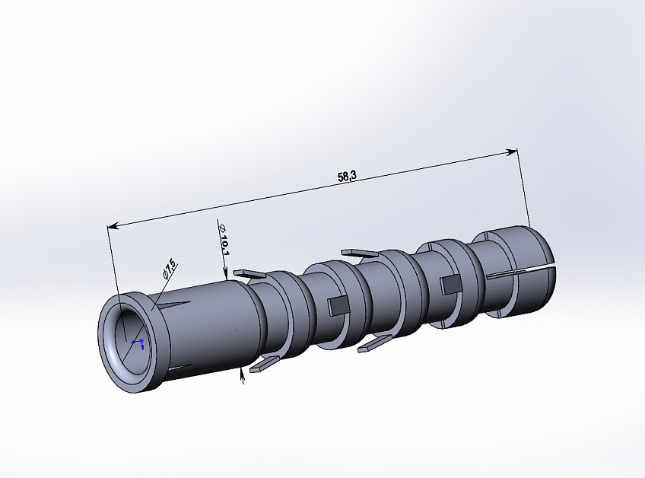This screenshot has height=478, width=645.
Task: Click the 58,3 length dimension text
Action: pyautogui.click(x=347, y=177)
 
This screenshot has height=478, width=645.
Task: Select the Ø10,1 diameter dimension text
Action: pyautogui.click(x=224, y=240)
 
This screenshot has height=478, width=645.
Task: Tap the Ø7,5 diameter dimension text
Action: pyautogui.click(x=170, y=268)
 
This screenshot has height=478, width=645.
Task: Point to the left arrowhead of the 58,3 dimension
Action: pyautogui.click(x=113, y=225)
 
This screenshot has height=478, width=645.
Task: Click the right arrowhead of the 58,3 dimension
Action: pyautogui.click(x=511, y=152)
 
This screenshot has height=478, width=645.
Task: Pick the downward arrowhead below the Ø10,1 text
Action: pyautogui.click(x=225, y=274)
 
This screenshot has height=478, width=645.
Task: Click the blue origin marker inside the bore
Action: pyautogui.click(x=138, y=343)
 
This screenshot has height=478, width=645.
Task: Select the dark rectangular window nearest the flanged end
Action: pyautogui.click(x=338, y=306)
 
